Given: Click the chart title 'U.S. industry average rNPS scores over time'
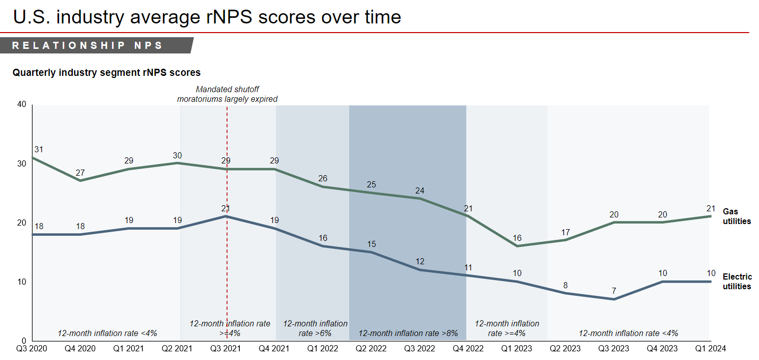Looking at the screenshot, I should pos(207,17).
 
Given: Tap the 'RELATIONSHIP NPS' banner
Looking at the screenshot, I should pos(88,45).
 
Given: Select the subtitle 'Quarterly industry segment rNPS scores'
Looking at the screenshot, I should pos(106,73).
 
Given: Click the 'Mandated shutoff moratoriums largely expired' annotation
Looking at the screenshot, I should pos(227,94).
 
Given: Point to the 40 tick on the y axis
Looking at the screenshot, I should pos(21,104).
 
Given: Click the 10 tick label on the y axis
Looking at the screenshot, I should pos(21,282).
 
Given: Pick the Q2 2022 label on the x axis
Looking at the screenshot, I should pos(372,349).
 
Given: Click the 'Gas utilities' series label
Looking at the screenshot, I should pos(737,216).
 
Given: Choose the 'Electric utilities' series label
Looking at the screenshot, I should pos(737,282).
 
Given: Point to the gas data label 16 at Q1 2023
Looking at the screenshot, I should pos(517,238).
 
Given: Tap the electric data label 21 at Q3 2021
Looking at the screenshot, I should pos(226,208).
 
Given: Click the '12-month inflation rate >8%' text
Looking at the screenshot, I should pos(408,334).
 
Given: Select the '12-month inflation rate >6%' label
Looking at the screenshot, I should pos(315,328).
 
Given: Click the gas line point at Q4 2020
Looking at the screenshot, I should pos(80,181).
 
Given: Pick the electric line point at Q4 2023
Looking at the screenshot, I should pos(662,282).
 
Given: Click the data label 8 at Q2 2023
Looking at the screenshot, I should pos(566,285).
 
